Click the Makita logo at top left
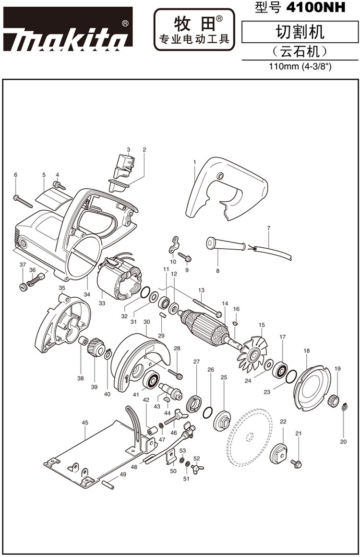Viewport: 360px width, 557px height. tap(68, 30)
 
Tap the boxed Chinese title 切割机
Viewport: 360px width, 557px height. tap(300, 32)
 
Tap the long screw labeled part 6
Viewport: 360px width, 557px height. tap(23, 202)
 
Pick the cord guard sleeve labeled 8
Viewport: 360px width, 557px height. tap(226, 244)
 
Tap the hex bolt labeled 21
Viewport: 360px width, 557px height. tap(296, 464)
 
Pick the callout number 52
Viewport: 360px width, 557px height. tap(196, 459)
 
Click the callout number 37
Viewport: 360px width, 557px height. tap(23, 265)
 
